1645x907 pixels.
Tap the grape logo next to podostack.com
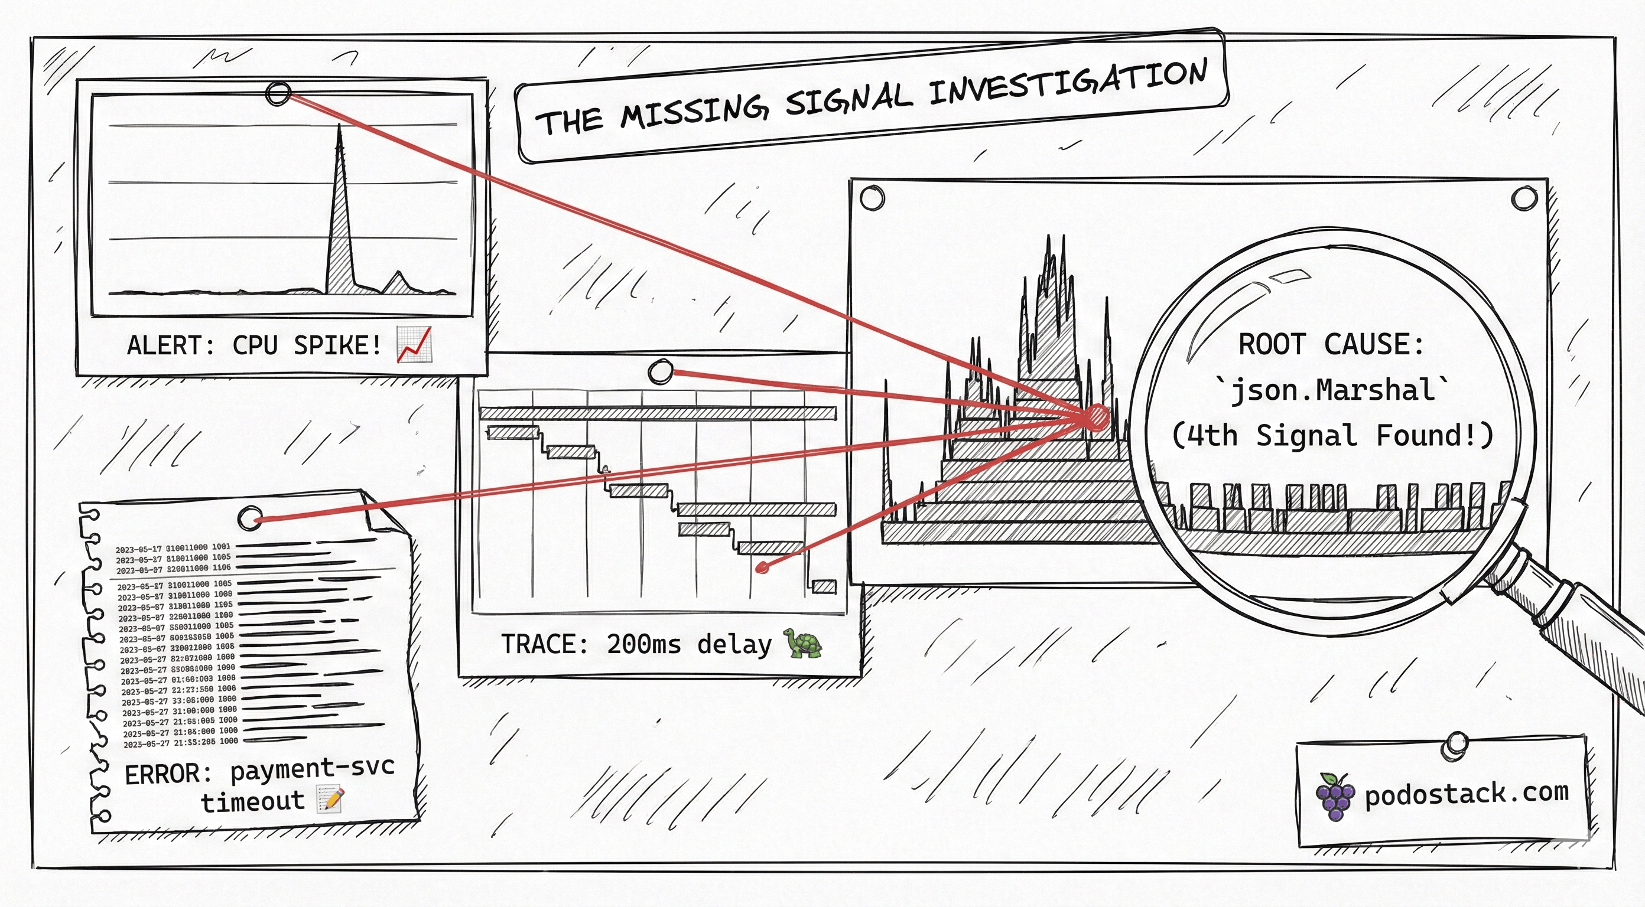click(x=1335, y=797)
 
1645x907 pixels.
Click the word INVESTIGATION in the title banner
click(x=1068, y=84)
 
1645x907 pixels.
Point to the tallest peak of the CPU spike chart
click(x=339, y=128)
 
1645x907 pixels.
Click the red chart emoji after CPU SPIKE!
click(x=414, y=344)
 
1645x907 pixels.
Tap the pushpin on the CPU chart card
click(x=278, y=94)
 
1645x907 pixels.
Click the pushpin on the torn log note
click(x=250, y=518)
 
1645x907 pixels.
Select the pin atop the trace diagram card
click(x=660, y=371)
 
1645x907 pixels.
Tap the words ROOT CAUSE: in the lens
click(x=1331, y=345)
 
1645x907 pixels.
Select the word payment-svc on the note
click(x=311, y=768)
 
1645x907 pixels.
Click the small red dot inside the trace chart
click(x=761, y=567)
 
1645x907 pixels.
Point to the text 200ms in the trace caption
click(x=643, y=644)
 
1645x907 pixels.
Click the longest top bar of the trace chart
click(x=658, y=412)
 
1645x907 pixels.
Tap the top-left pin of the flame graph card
click(x=872, y=198)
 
